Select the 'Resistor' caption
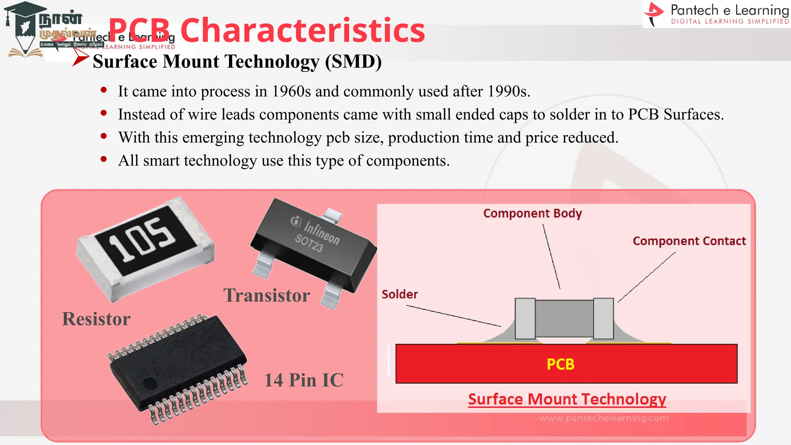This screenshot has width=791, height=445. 96,319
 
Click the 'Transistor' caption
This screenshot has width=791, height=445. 266,296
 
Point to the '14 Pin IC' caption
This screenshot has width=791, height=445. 304,380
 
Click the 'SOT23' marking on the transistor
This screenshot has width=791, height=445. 309,243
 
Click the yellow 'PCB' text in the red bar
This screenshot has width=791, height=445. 560,364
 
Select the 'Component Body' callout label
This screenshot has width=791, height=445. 532,213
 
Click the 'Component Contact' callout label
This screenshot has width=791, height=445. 689,241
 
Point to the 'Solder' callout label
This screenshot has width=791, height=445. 400,294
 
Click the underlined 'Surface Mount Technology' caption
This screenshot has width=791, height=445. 567,399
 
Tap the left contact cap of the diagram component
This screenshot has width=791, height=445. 525,318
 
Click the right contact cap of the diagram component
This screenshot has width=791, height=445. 603,318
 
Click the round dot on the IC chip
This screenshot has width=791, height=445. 150,384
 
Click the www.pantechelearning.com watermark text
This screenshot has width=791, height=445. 603,418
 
